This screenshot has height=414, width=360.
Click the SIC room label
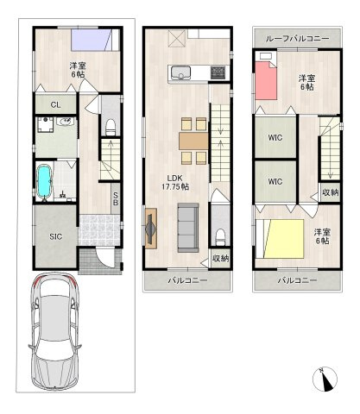click(55, 236)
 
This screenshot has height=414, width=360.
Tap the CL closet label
click(55, 104)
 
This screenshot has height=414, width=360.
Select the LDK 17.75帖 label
click(175, 183)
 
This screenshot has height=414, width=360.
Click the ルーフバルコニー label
click(297, 39)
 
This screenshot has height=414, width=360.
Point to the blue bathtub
click(45, 182)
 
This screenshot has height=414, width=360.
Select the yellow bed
click(284, 239)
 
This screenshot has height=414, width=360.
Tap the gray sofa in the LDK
click(188, 228)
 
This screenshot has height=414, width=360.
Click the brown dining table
click(193, 141)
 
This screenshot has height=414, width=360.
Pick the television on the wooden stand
click(151, 229)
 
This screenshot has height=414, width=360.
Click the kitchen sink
click(180, 73)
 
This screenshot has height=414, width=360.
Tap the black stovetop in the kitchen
click(218, 72)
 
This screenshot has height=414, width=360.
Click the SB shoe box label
click(116, 199)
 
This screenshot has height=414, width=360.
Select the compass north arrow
click(325, 380)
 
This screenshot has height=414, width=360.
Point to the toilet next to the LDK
click(220, 236)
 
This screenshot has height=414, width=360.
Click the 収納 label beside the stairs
click(331, 192)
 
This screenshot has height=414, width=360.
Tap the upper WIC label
click(275, 138)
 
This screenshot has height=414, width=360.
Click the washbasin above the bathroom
click(66, 122)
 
